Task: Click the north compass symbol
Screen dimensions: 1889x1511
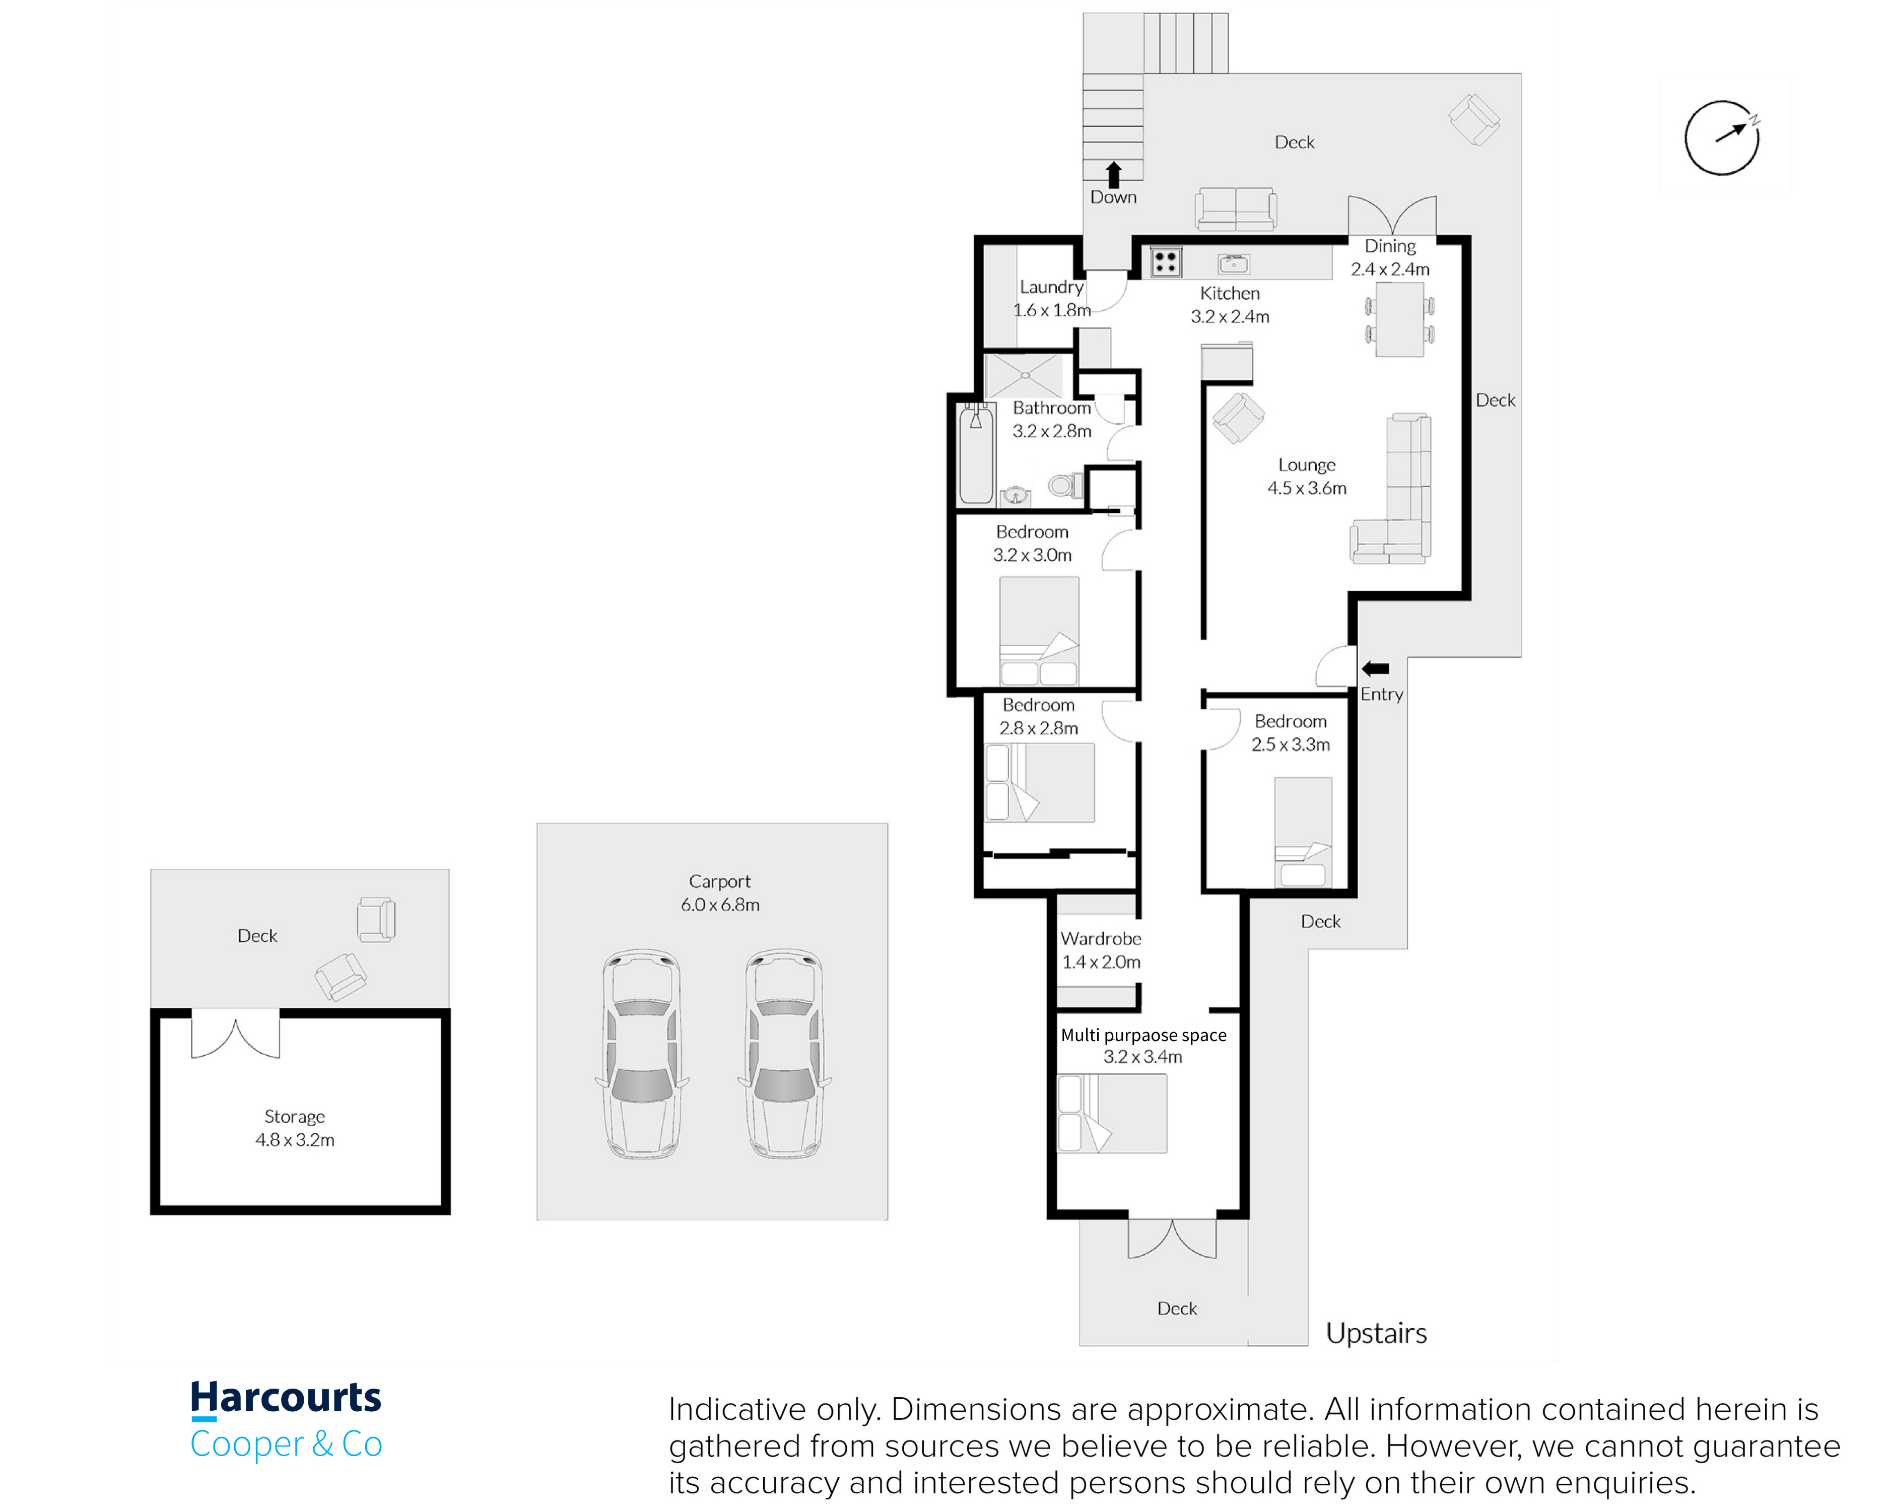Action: [x=1722, y=138]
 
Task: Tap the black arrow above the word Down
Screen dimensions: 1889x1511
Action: [x=1114, y=174]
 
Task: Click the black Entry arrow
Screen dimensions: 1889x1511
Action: [x=1376, y=668]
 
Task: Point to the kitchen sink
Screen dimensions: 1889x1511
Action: [x=1234, y=263]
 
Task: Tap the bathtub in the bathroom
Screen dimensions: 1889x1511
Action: [x=977, y=454]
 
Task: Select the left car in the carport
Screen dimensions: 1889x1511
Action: [x=642, y=1054]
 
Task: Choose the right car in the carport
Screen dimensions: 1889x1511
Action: [x=784, y=1054]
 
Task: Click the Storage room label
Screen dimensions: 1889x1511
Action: [x=294, y=1117]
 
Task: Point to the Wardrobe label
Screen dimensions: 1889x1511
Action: [x=1101, y=938]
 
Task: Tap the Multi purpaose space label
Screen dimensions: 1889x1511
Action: [x=1143, y=1036]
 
